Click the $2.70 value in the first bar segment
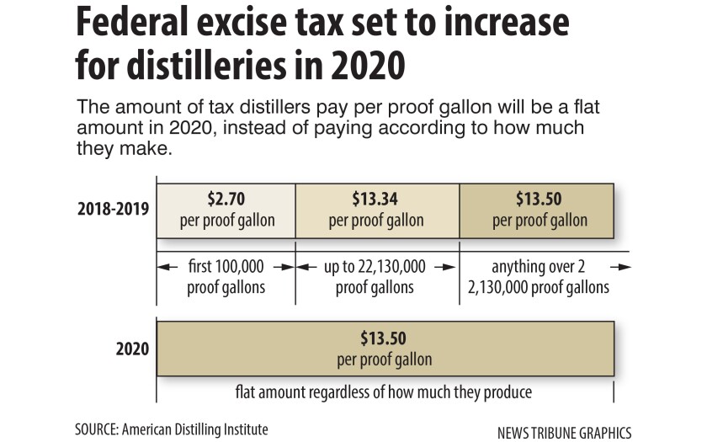point(226,202)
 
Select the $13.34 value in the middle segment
point(376,202)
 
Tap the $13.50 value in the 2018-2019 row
point(540,202)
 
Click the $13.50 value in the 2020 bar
point(384,339)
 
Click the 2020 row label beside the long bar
point(132,348)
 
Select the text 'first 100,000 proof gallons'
point(226,276)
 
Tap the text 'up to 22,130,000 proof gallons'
point(375,276)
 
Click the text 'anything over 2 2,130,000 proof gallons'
point(540,276)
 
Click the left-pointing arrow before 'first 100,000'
point(167,267)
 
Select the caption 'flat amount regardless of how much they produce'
point(384,392)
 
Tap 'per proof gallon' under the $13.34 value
point(376,221)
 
